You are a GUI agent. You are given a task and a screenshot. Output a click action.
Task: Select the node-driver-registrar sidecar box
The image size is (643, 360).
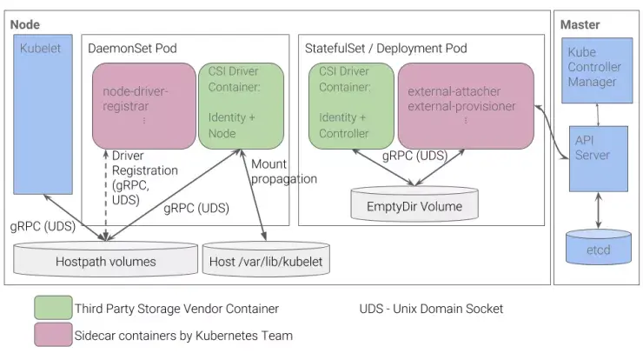click(144, 105)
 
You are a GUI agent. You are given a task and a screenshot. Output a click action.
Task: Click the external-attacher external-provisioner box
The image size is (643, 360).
click(466, 105)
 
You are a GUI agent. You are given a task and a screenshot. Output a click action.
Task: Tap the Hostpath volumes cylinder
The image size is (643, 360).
click(105, 259)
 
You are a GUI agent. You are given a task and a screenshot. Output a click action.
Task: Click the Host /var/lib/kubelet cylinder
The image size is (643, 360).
click(265, 259)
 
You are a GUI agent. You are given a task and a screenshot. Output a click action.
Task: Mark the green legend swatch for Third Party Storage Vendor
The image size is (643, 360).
click(51, 309)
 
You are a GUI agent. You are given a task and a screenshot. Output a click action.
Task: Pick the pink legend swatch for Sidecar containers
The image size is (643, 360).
click(51, 335)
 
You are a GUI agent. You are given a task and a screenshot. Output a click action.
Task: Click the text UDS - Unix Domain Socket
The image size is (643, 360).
click(431, 309)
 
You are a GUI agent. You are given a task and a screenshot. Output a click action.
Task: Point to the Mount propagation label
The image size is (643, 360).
click(283, 172)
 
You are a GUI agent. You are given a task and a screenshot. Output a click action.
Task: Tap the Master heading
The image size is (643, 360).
click(580, 24)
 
